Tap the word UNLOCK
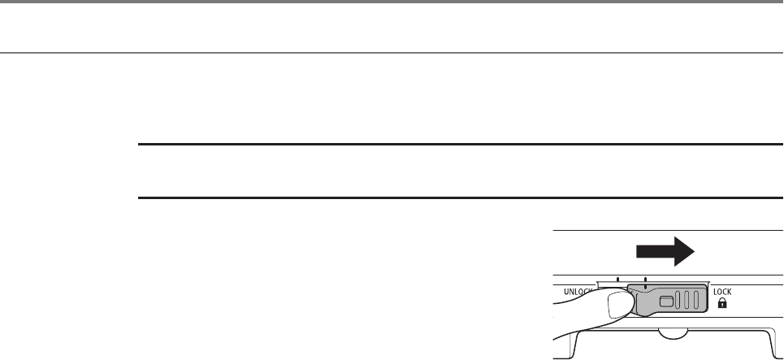(x=574, y=289)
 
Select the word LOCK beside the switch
(x=723, y=289)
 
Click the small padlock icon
(x=721, y=302)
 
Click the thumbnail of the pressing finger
(x=621, y=306)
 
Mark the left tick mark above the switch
(x=617, y=281)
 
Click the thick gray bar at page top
(x=392, y=2)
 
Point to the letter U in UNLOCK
(x=558, y=289)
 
